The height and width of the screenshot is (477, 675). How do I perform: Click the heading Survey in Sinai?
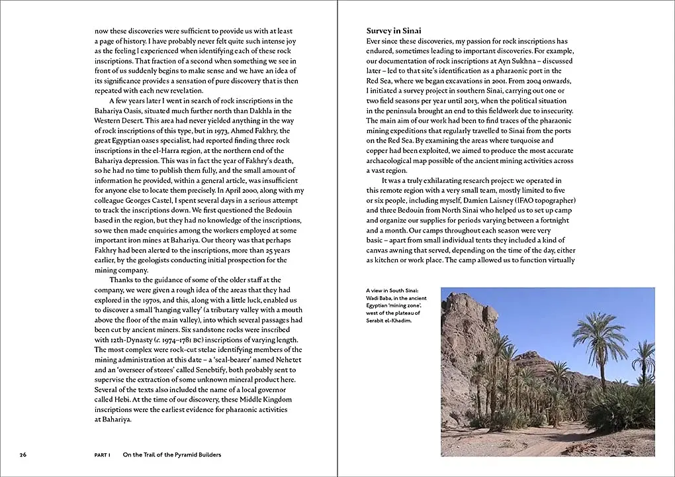[394, 30]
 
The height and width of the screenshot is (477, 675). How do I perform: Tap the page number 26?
[23, 454]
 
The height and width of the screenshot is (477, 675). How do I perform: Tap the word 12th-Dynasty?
[117, 340]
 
